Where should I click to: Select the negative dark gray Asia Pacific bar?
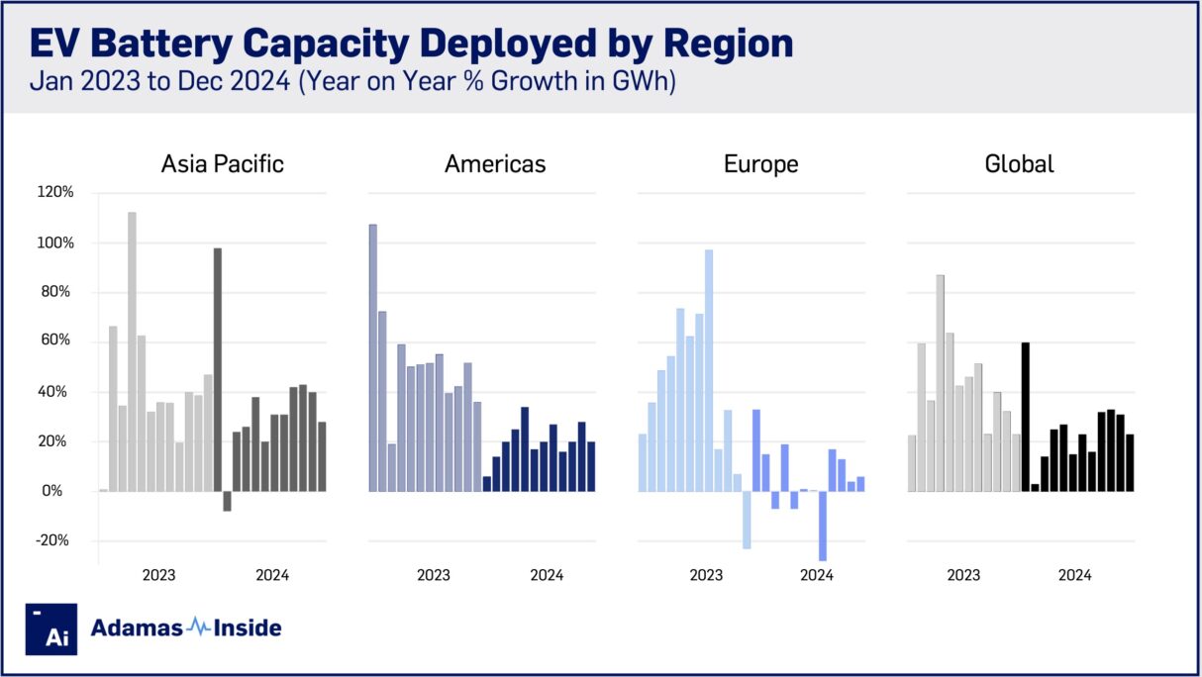[227, 501]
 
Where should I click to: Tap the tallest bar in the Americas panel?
[373, 357]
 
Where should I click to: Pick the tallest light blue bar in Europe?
[709, 370]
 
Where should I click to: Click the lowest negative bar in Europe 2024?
[822, 526]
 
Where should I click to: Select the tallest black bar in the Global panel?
[1026, 417]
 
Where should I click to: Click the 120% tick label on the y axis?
[56, 193]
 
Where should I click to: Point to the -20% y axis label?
[56, 540]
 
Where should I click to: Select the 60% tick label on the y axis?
[59, 341]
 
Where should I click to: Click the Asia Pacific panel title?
[222, 163]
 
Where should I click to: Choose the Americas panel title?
[495, 163]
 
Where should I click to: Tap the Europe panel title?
[760, 163]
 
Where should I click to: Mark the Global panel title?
[1019, 163]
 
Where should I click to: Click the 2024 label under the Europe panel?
[817, 575]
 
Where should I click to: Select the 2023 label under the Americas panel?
[433, 575]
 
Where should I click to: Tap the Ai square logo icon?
[51, 629]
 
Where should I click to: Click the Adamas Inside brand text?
[186, 628]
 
